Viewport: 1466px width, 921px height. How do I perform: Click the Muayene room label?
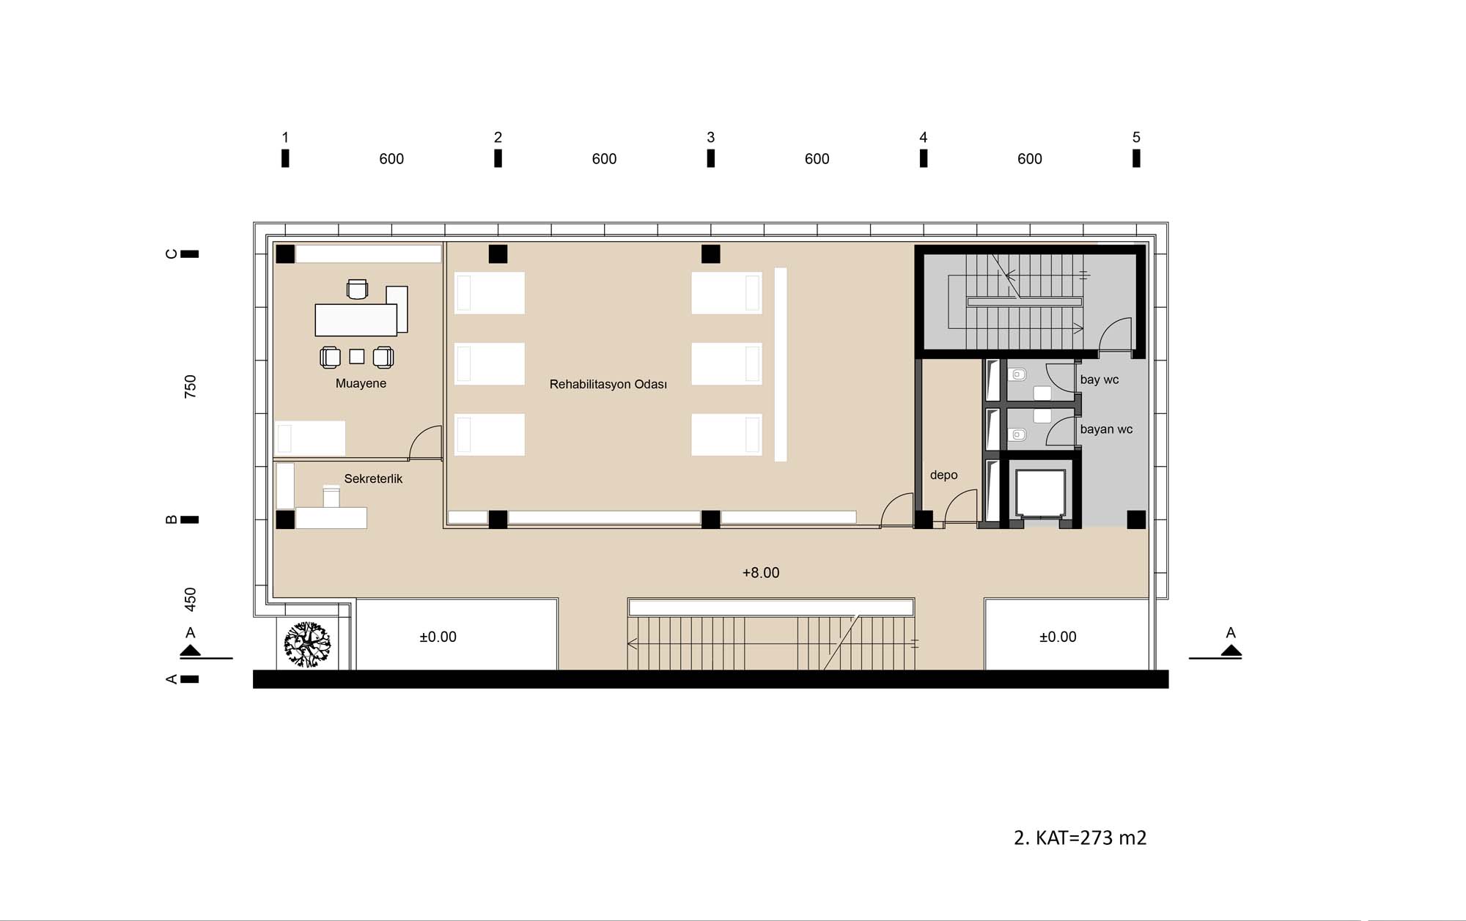click(x=361, y=383)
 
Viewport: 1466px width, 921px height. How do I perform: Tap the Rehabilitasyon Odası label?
click(x=608, y=384)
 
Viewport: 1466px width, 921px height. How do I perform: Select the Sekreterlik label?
click(x=373, y=478)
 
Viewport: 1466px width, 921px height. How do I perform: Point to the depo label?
click(x=943, y=475)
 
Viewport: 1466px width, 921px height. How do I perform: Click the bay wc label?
click(x=1099, y=380)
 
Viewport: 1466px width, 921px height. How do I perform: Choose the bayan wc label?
click(x=1106, y=429)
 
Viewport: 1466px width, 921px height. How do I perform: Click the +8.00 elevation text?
click(x=761, y=572)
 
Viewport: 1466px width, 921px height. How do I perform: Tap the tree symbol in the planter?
click(x=307, y=645)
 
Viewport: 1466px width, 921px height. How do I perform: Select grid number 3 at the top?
click(x=710, y=137)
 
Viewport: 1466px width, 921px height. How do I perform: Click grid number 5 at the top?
click(x=1136, y=137)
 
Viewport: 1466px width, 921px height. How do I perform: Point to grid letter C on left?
click(x=172, y=254)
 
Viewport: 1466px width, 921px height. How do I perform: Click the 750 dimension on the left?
click(x=191, y=386)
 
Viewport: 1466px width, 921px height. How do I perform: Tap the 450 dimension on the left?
click(x=191, y=599)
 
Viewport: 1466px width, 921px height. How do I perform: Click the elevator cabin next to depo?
click(x=1040, y=492)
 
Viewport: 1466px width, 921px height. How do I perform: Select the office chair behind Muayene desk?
click(x=357, y=289)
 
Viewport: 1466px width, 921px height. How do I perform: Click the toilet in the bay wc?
click(x=1017, y=375)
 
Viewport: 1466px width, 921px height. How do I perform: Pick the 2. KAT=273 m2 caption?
click(x=1080, y=837)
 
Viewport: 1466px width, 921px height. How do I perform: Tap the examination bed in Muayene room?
click(x=310, y=438)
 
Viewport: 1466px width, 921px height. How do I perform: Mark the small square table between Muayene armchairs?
click(x=357, y=356)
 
